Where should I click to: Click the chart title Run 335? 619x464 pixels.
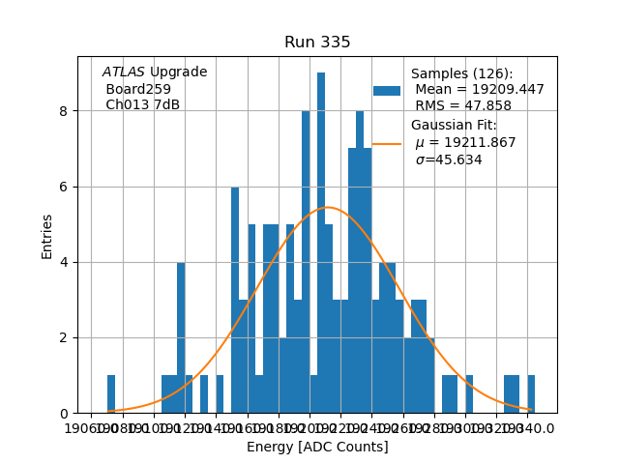(x=317, y=43)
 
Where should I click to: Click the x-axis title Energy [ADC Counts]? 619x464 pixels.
(x=317, y=447)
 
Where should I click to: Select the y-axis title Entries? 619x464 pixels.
(x=47, y=237)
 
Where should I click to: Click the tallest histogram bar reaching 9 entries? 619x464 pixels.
(x=321, y=242)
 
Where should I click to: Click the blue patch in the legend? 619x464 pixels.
(x=387, y=91)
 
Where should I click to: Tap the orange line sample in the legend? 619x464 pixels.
(x=387, y=143)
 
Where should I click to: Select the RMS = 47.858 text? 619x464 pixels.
(x=463, y=106)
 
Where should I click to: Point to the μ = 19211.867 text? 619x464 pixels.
(x=465, y=143)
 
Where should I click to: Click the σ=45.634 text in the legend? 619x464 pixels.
(x=449, y=160)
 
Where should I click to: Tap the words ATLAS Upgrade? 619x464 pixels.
(x=155, y=72)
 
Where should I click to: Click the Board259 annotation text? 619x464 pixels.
(x=138, y=89)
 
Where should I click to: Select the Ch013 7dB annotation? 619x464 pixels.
(x=142, y=105)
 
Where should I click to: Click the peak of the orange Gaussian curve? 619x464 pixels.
(x=329, y=207)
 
